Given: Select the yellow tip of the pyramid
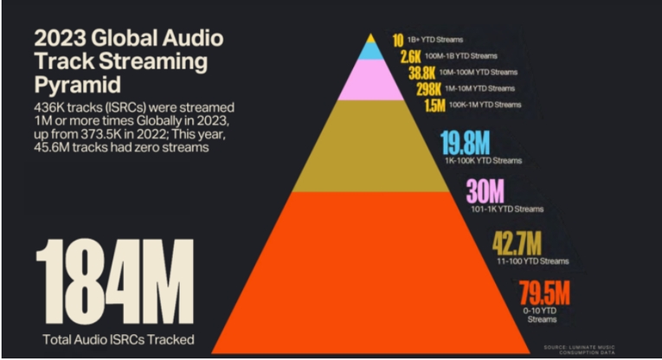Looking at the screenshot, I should click(x=371, y=38).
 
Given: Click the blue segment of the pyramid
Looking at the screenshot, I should click(x=371, y=51).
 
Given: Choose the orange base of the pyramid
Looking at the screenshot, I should click(x=371, y=260).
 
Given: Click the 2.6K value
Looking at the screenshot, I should click(x=410, y=56).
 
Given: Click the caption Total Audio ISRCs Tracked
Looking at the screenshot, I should click(x=117, y=338).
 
